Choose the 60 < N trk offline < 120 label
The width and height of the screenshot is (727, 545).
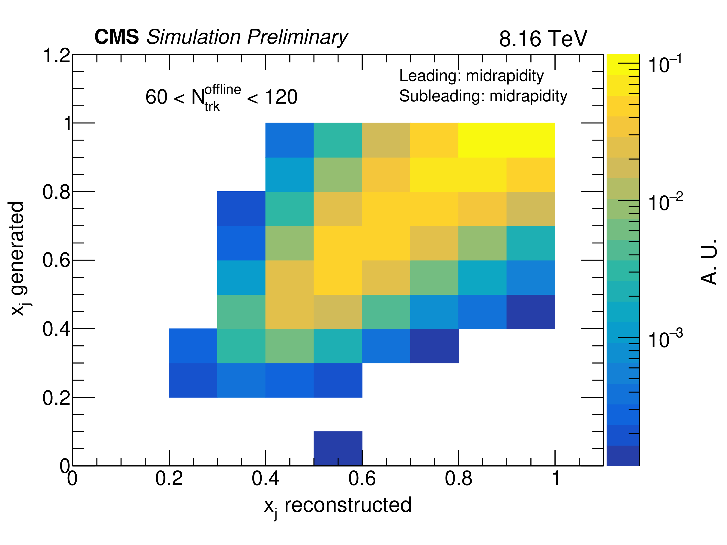point(221,97)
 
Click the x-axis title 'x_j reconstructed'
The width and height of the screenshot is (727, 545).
point(338,506)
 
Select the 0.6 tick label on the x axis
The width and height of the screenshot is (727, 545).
point(362,479)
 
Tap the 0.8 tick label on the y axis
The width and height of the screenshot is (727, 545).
point(57,192)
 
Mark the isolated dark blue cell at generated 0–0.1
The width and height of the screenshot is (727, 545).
point(338,448)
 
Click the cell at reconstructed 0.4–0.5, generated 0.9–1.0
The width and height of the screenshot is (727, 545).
point(290,140)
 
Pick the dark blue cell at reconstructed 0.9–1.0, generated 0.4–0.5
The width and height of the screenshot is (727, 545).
point(531,312)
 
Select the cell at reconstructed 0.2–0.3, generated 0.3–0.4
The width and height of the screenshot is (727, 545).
point(193,346)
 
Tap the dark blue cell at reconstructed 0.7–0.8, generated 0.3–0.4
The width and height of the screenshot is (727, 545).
point(434,346)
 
